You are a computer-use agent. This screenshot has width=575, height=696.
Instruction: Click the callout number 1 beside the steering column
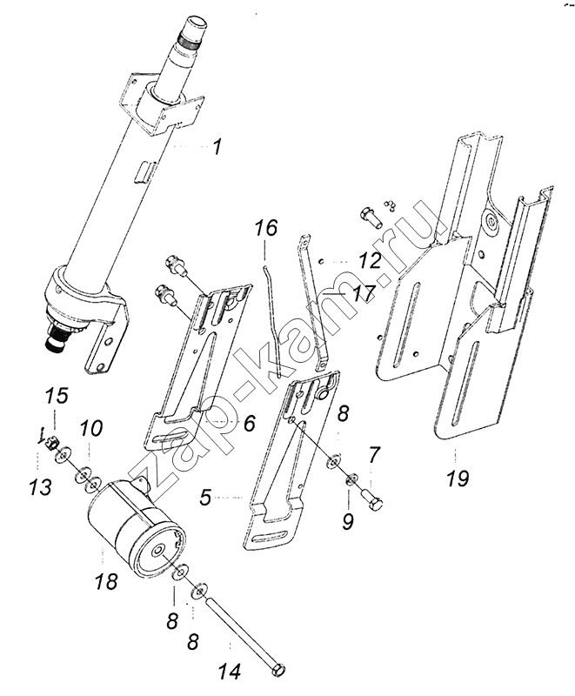click(x=217, y=147)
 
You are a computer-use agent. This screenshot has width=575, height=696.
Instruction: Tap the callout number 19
click(x=458, y=478)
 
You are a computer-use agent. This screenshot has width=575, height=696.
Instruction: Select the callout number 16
click(x=265, y=228)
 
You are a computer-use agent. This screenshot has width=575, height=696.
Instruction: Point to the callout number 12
click(x=370, y=260)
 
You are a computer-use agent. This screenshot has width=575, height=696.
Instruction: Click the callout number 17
click(x=364, y=293)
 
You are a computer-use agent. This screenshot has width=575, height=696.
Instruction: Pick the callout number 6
click(x=250, y=423)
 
